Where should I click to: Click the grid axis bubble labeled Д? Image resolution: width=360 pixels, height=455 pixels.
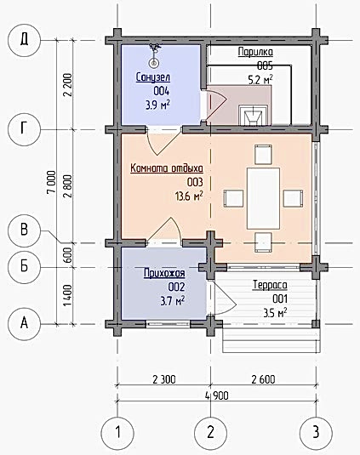[24, 40]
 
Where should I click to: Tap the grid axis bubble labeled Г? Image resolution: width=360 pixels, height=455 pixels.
[24, 129]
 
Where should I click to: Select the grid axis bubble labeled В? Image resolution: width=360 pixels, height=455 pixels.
[24, 230]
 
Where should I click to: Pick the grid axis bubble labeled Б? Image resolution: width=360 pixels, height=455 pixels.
[24, 267]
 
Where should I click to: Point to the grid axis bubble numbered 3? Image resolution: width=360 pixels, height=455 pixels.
[316, 433]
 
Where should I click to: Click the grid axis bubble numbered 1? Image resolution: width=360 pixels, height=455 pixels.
[117, 433]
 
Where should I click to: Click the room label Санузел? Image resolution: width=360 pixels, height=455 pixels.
[153, 77]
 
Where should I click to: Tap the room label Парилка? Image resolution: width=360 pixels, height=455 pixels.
[255, 52]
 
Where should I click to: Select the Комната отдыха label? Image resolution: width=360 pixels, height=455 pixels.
[167, 168]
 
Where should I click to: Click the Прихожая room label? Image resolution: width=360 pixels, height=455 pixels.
[164, 273]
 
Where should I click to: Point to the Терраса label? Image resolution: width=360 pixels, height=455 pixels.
[271, 285]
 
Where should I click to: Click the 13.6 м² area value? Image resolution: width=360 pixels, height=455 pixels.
[189, 196]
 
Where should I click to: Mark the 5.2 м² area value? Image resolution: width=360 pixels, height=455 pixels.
[260, 79]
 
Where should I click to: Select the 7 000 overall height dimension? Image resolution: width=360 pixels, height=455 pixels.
[51, 182]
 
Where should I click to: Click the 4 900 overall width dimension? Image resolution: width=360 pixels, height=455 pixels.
[217, 395]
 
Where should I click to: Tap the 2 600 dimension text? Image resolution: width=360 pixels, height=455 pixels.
[263, 379]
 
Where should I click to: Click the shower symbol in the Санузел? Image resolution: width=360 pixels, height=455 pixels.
[153, 54]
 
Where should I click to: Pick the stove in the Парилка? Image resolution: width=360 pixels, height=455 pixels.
[253, 115]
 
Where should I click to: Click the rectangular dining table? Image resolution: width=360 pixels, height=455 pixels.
[263, 198]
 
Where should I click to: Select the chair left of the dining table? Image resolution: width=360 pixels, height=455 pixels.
[233, 198]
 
